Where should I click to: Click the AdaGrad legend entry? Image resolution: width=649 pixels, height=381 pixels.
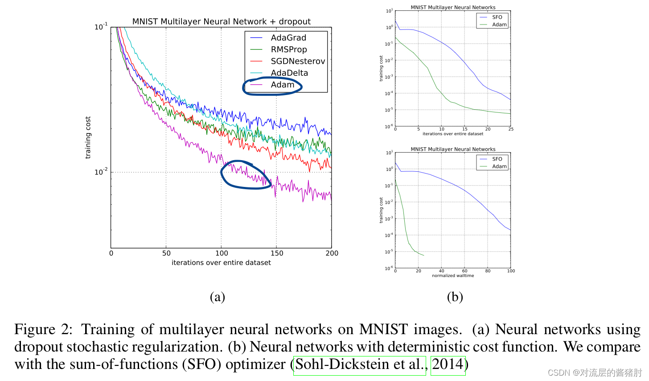(x=288, y=38)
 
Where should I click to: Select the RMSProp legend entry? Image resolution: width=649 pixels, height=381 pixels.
(x=288, y=50)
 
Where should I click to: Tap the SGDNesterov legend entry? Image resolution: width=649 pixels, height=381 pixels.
(x=297, y=61)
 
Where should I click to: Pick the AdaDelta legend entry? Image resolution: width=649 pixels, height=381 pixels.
(x=289, y=73)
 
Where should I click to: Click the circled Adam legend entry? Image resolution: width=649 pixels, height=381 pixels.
(x=282, y=85)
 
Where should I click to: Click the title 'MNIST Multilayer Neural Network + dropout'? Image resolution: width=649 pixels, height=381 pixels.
(x=221, y=21)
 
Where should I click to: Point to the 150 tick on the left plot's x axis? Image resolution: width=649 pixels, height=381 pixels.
(x=276, y=253)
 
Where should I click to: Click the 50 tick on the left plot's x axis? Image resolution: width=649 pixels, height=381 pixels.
(x=166, y=253)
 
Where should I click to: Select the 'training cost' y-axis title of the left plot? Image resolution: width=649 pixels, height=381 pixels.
(x=88, y=137)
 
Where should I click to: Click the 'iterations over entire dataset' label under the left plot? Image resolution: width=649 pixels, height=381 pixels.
(x=221, y=263)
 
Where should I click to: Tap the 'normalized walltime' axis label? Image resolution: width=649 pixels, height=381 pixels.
(x=453, y=276)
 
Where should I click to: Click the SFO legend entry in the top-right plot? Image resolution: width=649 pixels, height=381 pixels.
(x=497, y=17)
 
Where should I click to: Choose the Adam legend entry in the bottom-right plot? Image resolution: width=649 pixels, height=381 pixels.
(x=499, y=166)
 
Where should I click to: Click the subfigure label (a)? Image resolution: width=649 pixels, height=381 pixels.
(x=218, y=297)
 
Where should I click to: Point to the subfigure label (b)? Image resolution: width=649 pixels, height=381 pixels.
(x=455, y=297)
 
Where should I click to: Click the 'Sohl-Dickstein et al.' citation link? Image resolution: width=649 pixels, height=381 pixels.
(x=360, y=364)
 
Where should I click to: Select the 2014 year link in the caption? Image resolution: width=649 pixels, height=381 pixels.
(x=448, y=364)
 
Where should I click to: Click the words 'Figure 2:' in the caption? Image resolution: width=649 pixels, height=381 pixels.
(x=43, y=330)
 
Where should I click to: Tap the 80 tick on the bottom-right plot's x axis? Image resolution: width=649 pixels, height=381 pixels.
(x=488, y=271)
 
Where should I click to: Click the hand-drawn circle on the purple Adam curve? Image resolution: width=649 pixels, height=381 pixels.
(x=246, y=174)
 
